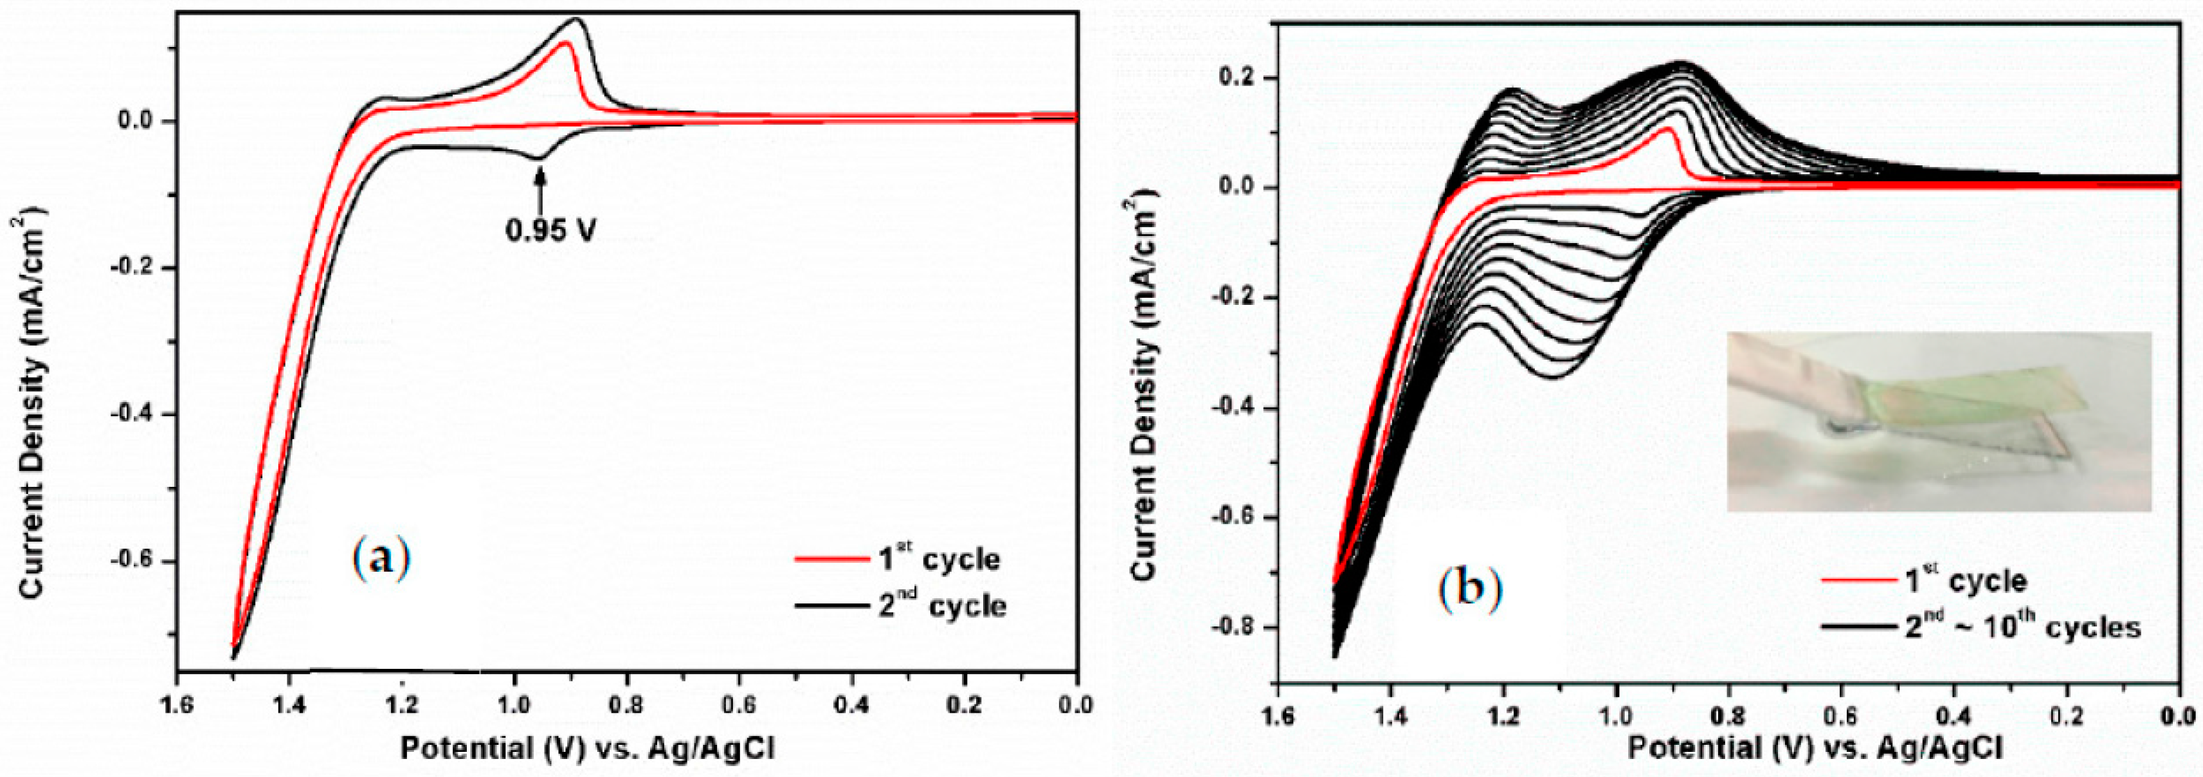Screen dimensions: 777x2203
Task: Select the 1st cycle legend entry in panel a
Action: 898,559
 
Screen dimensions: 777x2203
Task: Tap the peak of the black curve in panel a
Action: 576,19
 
